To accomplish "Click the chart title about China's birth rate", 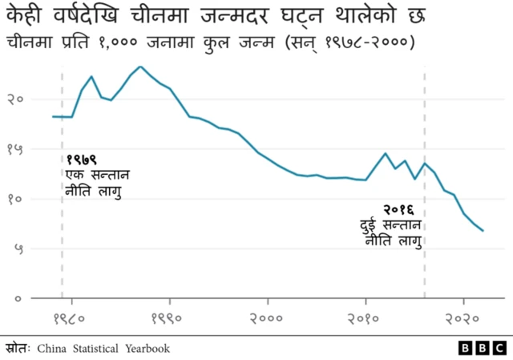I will point(213,14).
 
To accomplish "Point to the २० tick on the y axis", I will point(14,99).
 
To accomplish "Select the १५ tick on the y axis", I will point(14,149).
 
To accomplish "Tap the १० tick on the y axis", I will point(14,199).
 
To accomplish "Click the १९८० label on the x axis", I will point(71,318).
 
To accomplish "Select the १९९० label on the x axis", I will point(169,318).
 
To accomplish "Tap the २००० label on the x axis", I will point(268,318).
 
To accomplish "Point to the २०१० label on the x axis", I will point(366,318).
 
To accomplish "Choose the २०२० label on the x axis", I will point(464,318).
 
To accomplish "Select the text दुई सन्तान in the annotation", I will point(390,224).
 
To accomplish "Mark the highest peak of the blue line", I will point(140,67).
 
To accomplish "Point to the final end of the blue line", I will point(483,231).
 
